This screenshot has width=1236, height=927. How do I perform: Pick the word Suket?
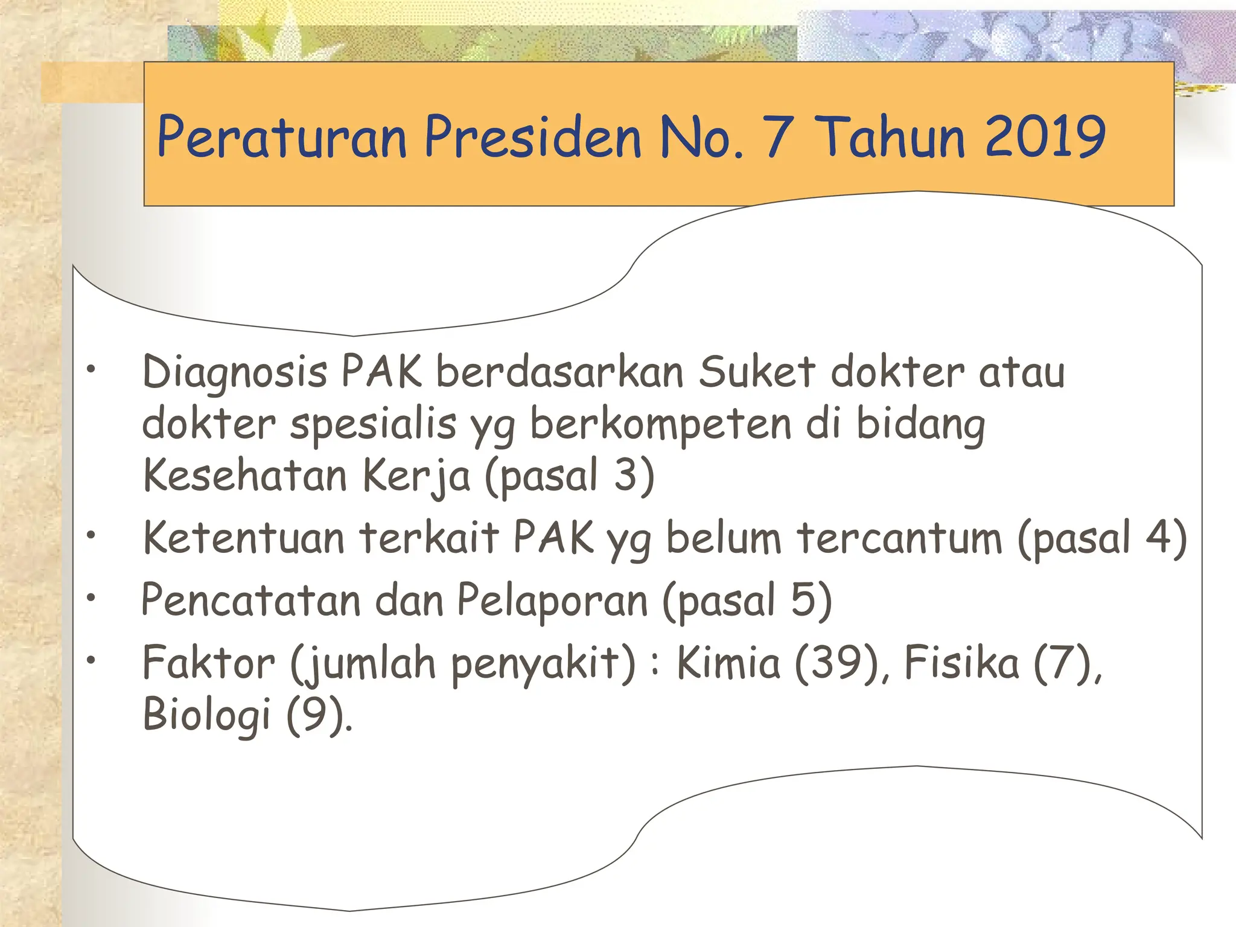click(757, 372)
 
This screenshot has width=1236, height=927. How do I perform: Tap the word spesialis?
click(372, 424)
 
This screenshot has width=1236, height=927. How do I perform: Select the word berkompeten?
click(660, 424)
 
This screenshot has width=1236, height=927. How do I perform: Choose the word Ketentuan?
click(243, 538)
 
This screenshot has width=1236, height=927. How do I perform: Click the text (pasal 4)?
click(1102, 538)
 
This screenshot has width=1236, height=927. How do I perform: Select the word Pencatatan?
click(250, 600)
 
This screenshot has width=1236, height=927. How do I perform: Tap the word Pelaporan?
click(552, 600)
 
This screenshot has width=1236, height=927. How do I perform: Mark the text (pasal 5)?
click(747, 600)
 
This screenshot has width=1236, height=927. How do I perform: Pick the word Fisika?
click(962, 663)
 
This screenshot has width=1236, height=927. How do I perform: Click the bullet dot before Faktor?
click(91, 660)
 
